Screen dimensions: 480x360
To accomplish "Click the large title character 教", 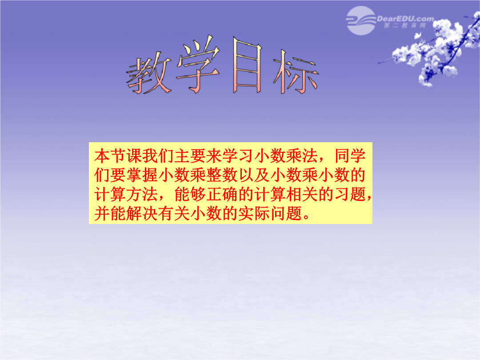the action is (149, 73).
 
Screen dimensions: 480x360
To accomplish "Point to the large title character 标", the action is (296, 72).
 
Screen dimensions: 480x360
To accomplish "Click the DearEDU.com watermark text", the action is (405, 19).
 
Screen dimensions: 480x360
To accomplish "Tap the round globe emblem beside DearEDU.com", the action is (361, 20).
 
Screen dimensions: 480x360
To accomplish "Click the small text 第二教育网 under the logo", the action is (405, 26).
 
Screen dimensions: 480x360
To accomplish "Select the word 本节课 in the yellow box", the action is (118, 156).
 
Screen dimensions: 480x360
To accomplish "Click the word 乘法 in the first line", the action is (302, 156).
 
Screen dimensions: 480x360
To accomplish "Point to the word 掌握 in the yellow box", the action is (142, 175).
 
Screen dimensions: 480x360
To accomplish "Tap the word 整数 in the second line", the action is (222, 175).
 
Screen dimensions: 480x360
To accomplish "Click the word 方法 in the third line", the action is (142, 194).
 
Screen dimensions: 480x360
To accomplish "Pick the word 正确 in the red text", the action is (222, 194).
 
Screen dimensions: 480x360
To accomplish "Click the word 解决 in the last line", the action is (142, 214).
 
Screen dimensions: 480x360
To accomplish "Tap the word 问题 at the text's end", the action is (286, 214).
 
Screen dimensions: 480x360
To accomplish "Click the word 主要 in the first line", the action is (190, 156).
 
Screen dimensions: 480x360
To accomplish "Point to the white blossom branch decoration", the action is (435, 49).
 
